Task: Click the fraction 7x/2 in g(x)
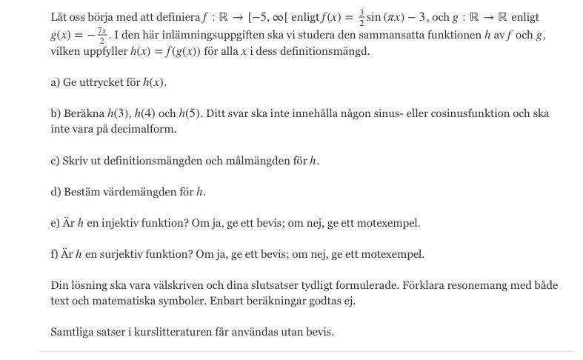104,36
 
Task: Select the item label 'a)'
56,82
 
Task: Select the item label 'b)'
56,113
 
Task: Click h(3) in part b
118,113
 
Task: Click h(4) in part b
144,113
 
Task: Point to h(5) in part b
189,113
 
